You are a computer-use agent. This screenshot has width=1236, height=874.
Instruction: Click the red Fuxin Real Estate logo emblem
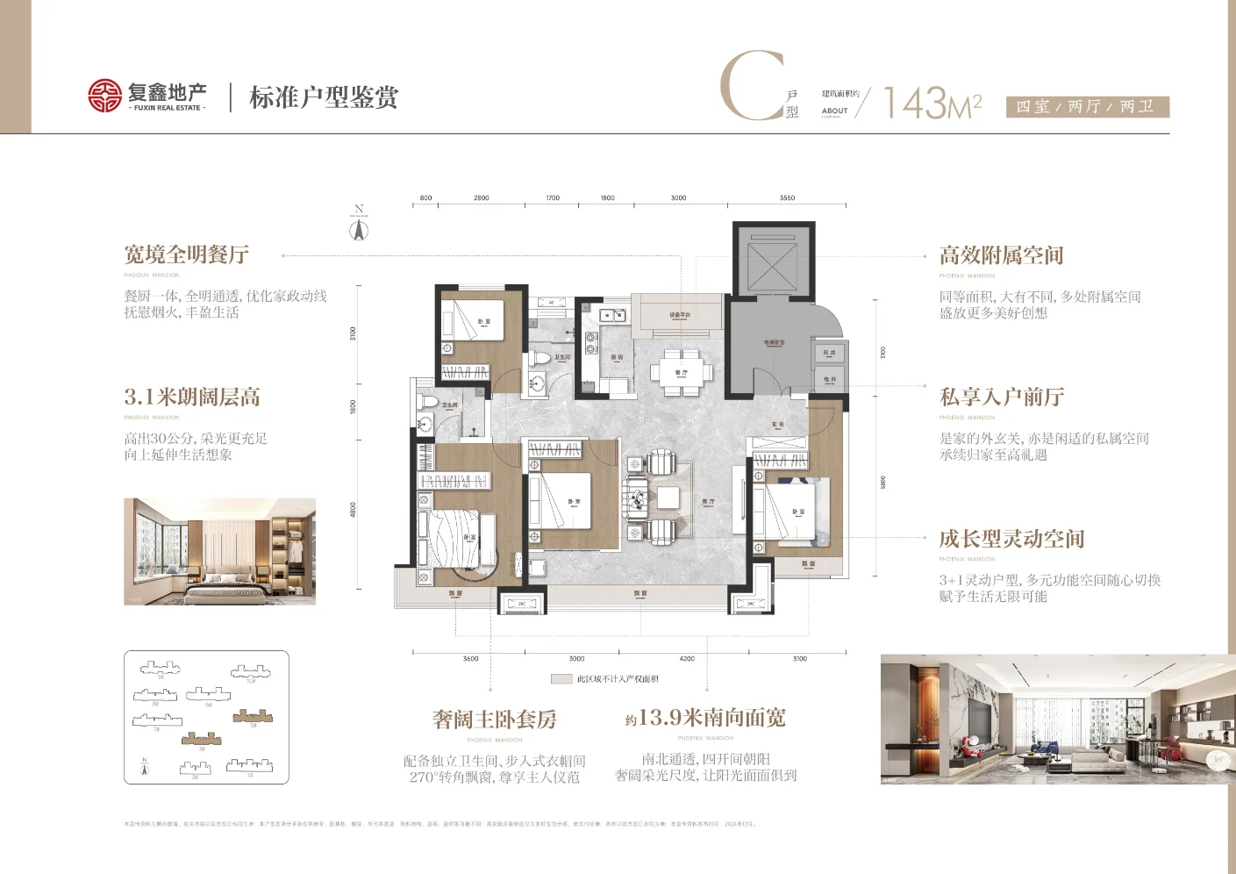click(x=104, y=96)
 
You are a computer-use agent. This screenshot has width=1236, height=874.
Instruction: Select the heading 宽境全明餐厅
click(x=186, y=255)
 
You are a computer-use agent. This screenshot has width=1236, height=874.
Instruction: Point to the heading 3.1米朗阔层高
click(x=192, y=398)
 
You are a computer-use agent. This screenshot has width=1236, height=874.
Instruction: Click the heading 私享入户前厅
click(x=1002, y=398)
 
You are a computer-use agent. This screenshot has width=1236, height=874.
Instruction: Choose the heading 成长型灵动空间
click(x=1011, y=539)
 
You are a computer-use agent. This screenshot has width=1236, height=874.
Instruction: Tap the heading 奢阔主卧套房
click(x=495, y=720)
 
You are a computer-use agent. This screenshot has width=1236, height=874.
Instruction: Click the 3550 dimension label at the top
click(x=787, y=198)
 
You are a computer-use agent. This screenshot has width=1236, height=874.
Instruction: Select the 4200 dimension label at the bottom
click(x=687, y=658)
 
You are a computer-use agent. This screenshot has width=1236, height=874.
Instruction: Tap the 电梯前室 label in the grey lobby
click(x=774, y=343)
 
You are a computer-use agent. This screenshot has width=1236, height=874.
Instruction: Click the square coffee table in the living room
click(x=668, y=498)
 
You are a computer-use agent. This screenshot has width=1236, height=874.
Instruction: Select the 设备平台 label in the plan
click(x=680, y=315)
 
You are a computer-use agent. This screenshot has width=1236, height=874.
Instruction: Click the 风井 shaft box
click(x=829, y=353)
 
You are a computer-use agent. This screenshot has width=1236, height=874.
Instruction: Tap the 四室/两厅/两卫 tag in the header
click(x=1086, y=107)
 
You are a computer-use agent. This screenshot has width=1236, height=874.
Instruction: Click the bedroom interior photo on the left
click(x=219, y=551)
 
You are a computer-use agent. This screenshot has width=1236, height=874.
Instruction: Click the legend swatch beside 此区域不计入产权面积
click(x=561, y=679)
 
